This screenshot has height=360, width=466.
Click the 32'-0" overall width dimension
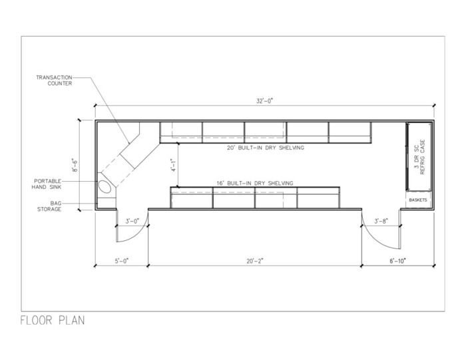coord(264,101)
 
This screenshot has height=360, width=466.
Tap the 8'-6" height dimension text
coord(75,166)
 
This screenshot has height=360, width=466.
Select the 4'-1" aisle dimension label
coord(173,166)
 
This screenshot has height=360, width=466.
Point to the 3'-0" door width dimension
coord(132,222)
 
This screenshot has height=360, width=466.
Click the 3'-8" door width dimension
coord(381,222)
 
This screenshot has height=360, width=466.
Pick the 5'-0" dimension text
coord(122,261)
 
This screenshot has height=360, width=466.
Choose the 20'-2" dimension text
coord(255,261)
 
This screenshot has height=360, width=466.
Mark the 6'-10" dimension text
coord(397,261)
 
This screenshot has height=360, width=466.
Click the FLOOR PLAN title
coord(53,321)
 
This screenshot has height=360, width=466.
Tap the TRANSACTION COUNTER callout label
coord(54,81)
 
